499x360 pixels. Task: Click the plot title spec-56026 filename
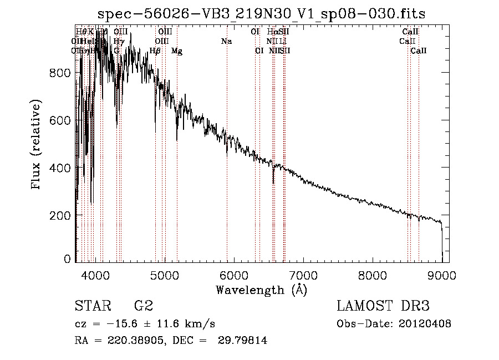[x=262, y=14]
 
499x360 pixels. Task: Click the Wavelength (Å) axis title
[x=261, y=290]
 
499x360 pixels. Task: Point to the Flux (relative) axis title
[x=37, y=145]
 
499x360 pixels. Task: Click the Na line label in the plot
[x=226, y=41]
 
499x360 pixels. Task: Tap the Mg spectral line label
[x=176, y=51]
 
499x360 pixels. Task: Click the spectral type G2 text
[x=143, y=306]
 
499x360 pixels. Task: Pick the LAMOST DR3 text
[x=383, y=306]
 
